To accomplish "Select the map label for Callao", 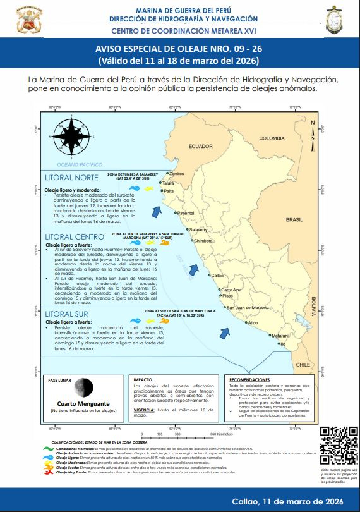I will [217, 276].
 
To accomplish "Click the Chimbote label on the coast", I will [203, 241].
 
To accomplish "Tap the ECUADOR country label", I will [200, 147].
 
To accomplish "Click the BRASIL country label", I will [294, 220].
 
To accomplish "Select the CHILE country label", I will [304, 365].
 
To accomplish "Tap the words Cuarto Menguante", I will [84, 403].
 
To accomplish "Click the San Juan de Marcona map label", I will [248, 308].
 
